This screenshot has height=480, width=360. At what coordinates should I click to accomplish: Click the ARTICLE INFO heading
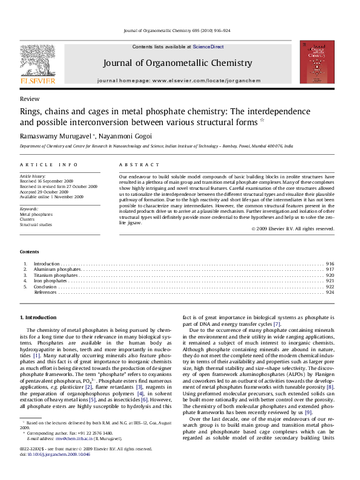click(49, 164)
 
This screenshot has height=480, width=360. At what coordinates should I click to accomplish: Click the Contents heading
click(29, 251)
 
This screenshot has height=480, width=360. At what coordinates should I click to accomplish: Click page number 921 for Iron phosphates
click(330, 281)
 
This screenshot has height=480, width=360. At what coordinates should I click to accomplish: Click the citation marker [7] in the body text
click(277, 324)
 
